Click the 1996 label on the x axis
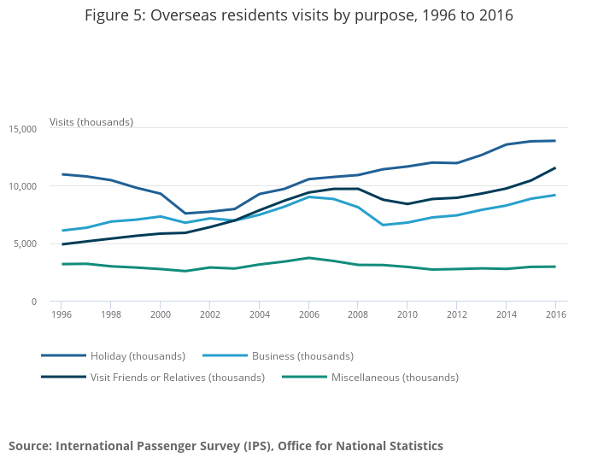pos(62,314)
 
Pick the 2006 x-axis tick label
pos(308,314)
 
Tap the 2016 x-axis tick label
pos(554,314)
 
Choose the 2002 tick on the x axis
pos(209,314)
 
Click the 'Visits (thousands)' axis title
pos(91,122)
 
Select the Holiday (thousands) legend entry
pos(137,355)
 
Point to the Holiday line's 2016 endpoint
pos(554,141)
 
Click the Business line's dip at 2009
pos(382,226)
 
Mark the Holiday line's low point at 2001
pos(185,214)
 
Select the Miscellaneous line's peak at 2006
pos(308,258)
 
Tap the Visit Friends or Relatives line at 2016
pos(554,168)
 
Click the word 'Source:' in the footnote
pos(30,446)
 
